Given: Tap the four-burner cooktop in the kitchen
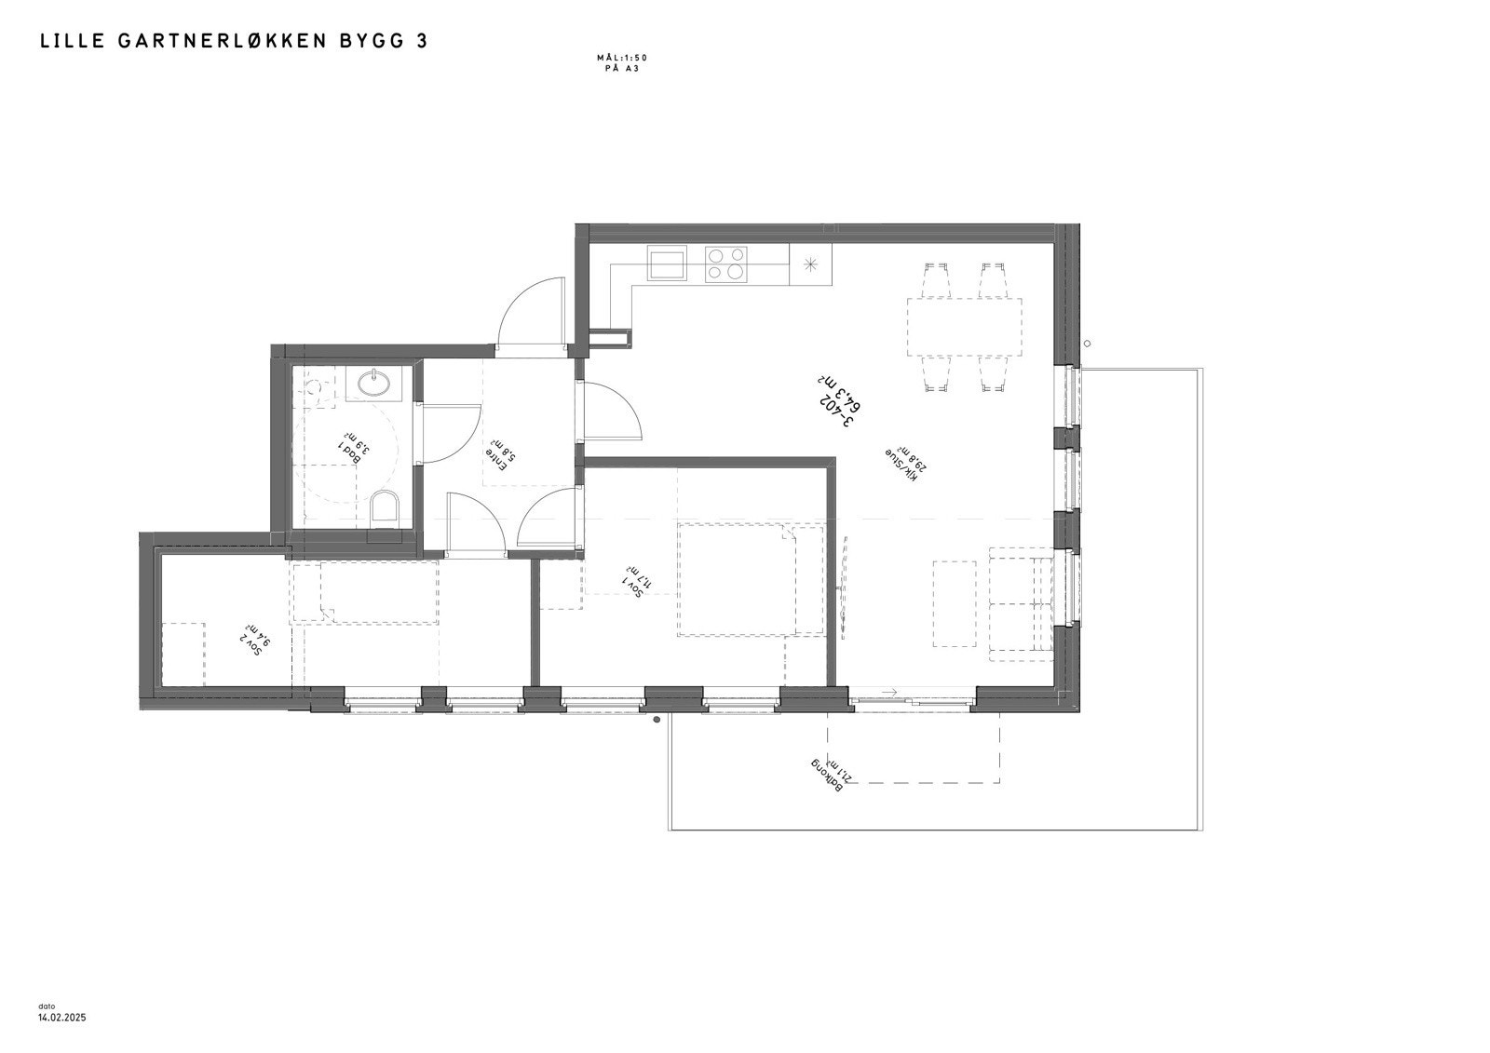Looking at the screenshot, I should (x=726, y=263).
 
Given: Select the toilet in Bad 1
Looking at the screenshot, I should (x=384, y=509).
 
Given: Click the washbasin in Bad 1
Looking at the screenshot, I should (x=375, y=379).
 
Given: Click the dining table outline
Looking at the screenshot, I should (x=965, y=326).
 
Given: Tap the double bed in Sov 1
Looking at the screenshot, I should (x=751, y=579).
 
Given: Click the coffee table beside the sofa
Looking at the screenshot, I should (x=955, y=603).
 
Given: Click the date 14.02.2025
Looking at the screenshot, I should (x=61, y=1019).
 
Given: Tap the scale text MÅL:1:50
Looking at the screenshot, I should (x=622, y=58).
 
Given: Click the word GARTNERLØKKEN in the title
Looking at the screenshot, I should (x=223, y=41).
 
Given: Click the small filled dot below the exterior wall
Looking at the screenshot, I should (x=657, y=720).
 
